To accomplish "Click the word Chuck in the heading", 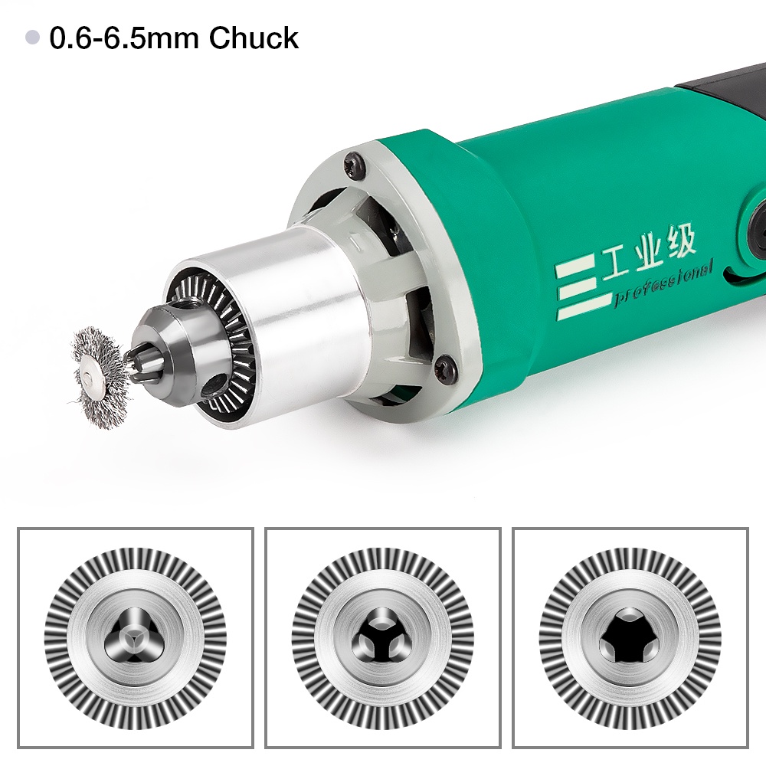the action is coord(254,38).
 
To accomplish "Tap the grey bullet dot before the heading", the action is coord(32,37).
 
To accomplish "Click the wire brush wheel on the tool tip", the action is coord(98,377).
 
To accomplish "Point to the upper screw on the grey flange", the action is coord(355,164).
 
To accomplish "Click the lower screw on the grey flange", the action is coord(446,368).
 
